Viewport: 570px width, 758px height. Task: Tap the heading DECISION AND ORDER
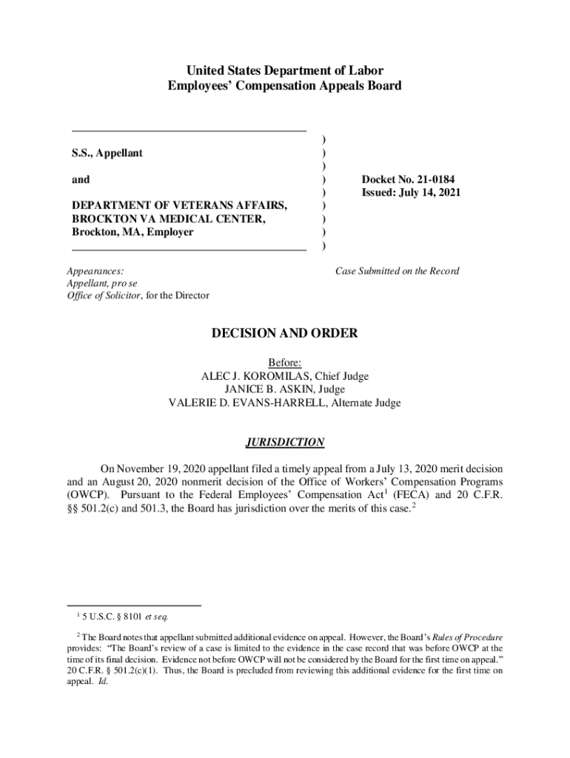pyautogui.click(x=285, y=334)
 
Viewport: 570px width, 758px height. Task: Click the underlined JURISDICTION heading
pyautogui.click(x=285, y=443)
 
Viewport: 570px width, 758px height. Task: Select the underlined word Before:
pyautogui.click(x=285, y=363)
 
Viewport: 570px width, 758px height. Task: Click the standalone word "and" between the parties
pyautogui.click(x=80, y=179)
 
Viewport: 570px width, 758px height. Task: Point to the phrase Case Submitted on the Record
pyautogui.click(x=397, y=271)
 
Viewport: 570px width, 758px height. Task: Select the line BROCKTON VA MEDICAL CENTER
pyautogui.click(x=170, y=218)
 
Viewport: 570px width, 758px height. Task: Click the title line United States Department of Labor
pyautogui.click(x=285, y=71)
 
